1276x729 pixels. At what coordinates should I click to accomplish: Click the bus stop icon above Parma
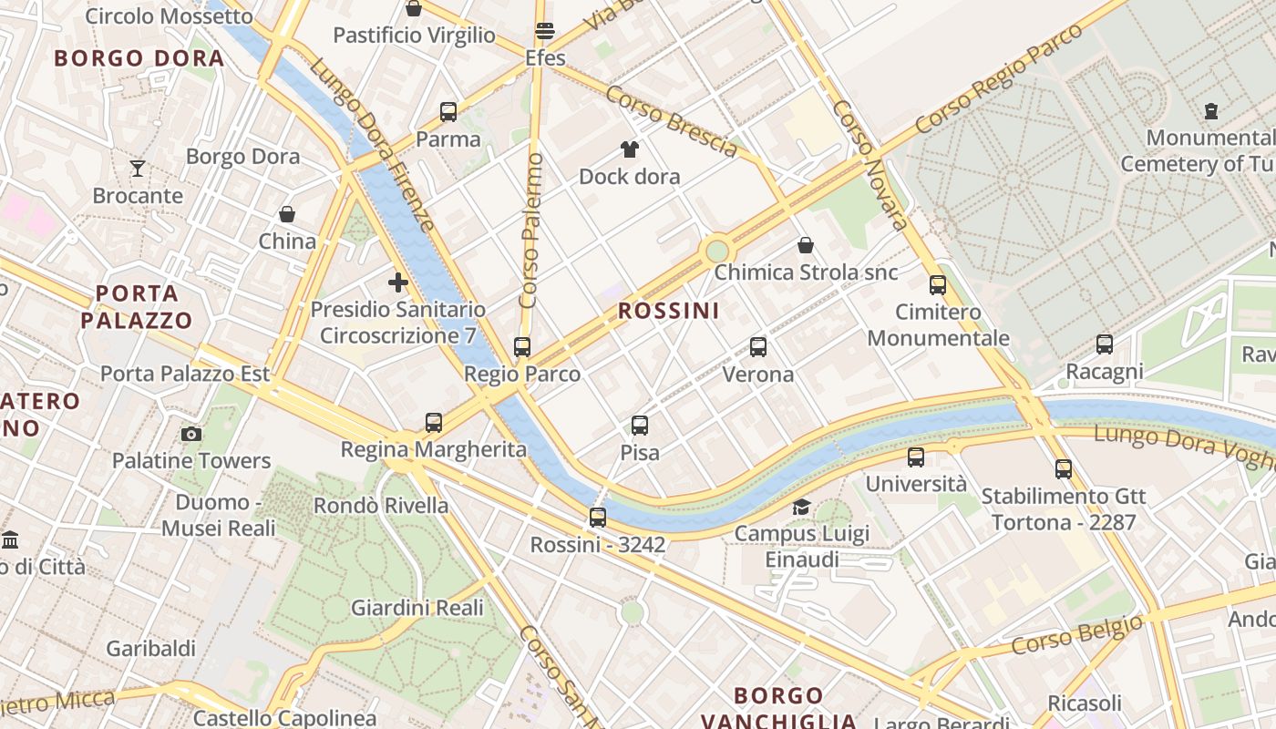(x=448, y=112)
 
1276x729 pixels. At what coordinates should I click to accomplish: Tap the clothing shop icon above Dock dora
(x=629, y=149)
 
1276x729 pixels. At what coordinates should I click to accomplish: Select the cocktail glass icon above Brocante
(x=138, y=168)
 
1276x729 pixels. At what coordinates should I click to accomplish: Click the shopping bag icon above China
(x=287, y=214)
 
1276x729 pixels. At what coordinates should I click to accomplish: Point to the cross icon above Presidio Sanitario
(x=397, y=282)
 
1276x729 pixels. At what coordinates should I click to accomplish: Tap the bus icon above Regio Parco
(x=522, y=347)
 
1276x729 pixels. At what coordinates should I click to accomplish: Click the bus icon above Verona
(x=758, y=347)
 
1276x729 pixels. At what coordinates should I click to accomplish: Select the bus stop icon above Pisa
(x=640, y=426)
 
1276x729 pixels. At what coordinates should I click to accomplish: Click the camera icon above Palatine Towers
(x=191, y=434)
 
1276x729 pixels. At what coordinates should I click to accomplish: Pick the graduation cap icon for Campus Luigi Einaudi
(x=802, y=507)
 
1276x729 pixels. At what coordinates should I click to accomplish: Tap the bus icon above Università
(x=916, y=457)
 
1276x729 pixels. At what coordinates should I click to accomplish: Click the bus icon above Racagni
(x=1105, y=344)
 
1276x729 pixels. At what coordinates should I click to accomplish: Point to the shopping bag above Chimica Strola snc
(x=806, y=245)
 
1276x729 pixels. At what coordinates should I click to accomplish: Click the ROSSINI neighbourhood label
(x=669, y=311)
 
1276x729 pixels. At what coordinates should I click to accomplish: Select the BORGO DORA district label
(x=139, y=58)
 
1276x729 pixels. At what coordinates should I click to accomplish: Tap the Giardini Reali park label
(x=417, y=607)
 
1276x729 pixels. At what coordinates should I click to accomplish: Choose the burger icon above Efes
(x=545, y=31)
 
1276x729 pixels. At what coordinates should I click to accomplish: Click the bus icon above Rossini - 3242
(x=598, y=518)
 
